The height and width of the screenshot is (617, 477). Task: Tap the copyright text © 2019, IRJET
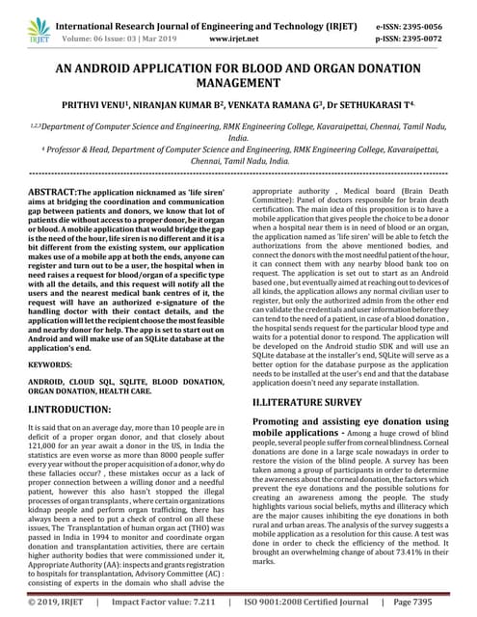pos(54,603)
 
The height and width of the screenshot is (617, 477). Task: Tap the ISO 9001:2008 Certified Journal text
pos(305,603)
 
